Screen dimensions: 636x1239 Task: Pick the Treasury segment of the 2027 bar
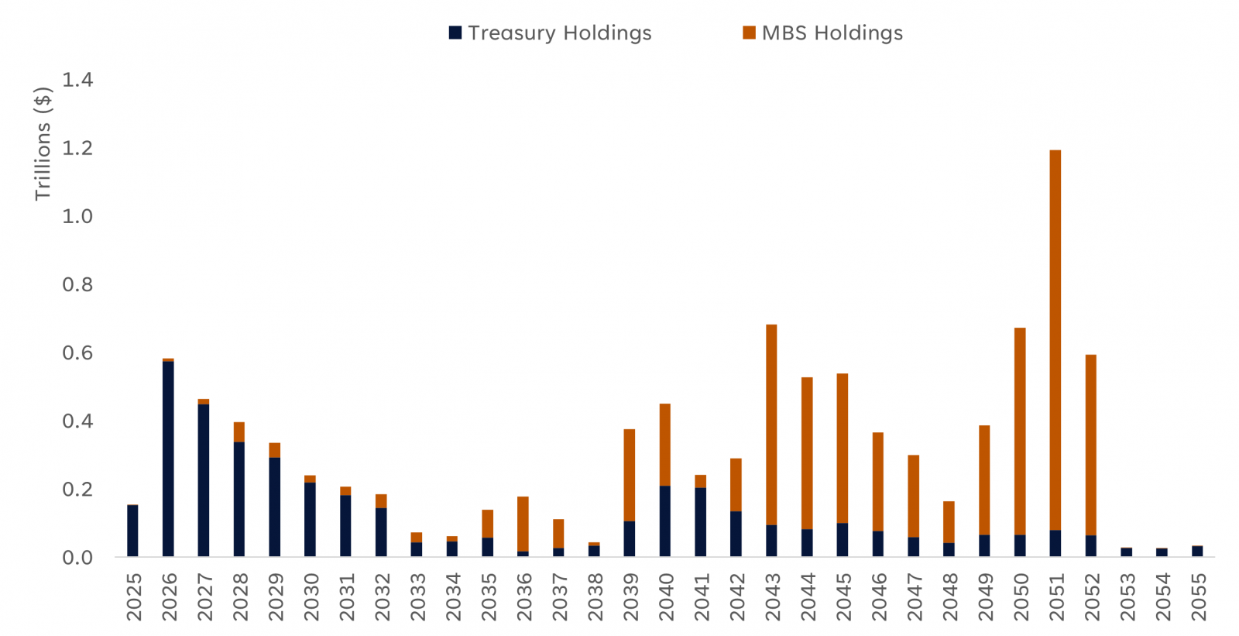pos(204,480)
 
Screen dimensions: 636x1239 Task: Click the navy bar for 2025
pos(132,531)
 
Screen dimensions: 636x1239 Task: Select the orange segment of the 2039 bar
pos(630,475)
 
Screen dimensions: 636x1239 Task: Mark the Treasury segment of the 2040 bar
pos(664,521)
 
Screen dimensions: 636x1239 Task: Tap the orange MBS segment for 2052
pos(1090,445)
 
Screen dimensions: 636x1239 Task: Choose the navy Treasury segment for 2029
pos(274,507)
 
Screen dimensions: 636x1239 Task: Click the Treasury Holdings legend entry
pos(550,33)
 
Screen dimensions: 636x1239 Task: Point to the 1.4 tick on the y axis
pos(77,80)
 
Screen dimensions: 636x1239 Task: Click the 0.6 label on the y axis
pos(77,353)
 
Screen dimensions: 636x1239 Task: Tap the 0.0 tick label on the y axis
pos(77,558)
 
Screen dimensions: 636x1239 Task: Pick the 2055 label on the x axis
pos(1198,596)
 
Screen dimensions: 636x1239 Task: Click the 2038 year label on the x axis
pos(595,596)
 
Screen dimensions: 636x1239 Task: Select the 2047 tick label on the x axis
pos(914,596)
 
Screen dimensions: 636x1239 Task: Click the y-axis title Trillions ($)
pos(43,143)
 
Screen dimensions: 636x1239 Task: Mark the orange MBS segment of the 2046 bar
pos(877,481)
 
